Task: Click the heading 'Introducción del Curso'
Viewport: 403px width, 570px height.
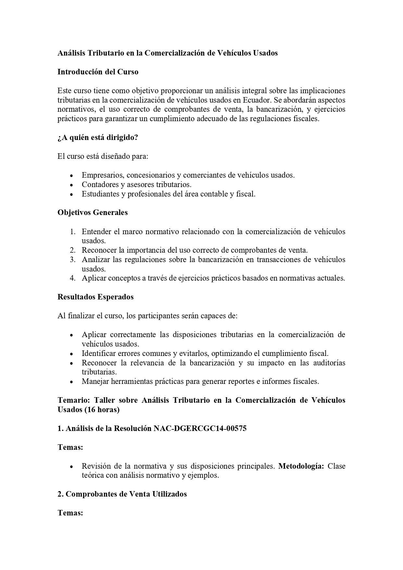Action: pyautogui.click(x=98, y=72)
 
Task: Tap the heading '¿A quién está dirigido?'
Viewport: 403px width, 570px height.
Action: pyautogui.click(x=98, y=137)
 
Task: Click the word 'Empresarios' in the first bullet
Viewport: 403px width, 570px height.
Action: pyautogui.click(x=102, y=175)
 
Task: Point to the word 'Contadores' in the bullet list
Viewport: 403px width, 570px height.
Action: pyautogui.click(x=99, y=184)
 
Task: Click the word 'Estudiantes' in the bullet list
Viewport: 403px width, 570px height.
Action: pyautogui.click(x=100, y=194)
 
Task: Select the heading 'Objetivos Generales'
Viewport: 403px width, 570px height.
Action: pyautogui.click(x=93, y=212)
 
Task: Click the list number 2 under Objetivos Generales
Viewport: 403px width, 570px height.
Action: pyautogui.click(x=72, y=250)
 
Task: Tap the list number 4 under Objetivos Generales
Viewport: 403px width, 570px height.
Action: pyautogui.click(x=72, y=278)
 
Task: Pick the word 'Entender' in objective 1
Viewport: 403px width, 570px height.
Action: pyautogui.click(x=96, y=232)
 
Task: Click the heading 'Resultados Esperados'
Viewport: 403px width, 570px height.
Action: pyautogui.click(x=95, y=297)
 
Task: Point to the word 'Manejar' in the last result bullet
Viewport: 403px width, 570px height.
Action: pyautogui.click(x=95, y=381)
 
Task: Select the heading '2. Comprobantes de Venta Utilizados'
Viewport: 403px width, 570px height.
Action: pyautogui.click(x=122, y=494)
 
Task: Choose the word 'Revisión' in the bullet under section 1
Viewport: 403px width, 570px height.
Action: pyautogui.click(x=96, y=466)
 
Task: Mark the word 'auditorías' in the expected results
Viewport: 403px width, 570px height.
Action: pyautogui.click(x=329, y=363)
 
